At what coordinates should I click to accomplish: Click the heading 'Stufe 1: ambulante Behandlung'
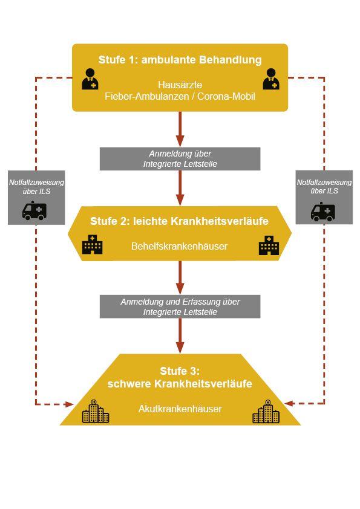tap(180, 60)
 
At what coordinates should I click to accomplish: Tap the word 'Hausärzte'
tap(180, 85)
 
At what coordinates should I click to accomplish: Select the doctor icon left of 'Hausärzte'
tap(90, 79)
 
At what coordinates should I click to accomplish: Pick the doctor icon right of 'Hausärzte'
tap(271, 79)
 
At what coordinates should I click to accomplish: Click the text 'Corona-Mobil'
tap(226, 96)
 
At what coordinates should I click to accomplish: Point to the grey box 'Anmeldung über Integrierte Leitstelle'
tap(180, 159)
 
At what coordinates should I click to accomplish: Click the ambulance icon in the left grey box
tap(34, 211)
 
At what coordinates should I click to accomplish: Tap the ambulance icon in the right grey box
tap(322, 212)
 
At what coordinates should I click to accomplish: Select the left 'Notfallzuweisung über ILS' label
tap(36, 187)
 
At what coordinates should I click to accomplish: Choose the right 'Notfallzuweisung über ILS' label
tap(324, 187)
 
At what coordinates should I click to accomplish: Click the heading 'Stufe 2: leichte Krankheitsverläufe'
tap(179, 221)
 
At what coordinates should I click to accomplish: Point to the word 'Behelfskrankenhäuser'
tap(179, 246)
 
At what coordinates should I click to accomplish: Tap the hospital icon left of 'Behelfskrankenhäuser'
tap(93, 244)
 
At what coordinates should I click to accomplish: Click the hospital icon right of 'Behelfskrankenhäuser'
tap(269, 245)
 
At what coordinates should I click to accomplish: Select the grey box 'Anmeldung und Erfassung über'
tap(180, 306)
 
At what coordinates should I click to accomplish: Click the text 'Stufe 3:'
tap(180, 371)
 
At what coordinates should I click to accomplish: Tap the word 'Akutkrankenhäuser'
tap(180, 409)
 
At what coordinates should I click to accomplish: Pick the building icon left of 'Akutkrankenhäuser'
tap(96, 411)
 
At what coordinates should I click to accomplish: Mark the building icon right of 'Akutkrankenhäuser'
tap(266, 411)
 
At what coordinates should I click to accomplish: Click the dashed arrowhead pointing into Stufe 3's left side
tap(70, 404)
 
